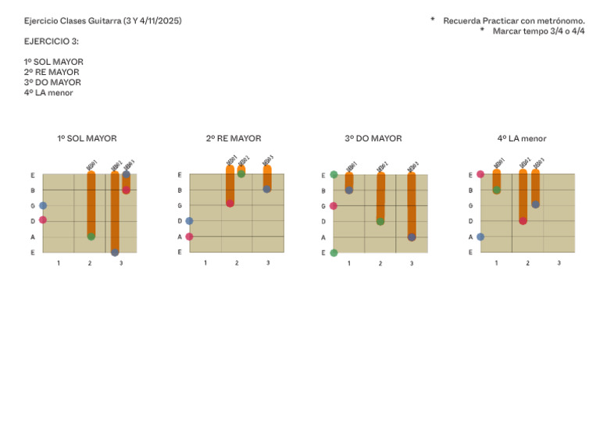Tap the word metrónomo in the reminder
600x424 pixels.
pyautogui.click(x=558, y=20)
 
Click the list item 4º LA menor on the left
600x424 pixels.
pyautogui.click(x=48, y=92)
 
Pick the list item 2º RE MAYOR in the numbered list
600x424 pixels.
pyautogui.click(x=52, y=72)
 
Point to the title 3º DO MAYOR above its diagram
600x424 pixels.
pyautogui.click(x=373, y=138)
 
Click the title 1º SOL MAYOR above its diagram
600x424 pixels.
pyautogui.click(x=87, y=138)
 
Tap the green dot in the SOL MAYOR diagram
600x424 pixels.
pyautogui.click(x=91, y=236)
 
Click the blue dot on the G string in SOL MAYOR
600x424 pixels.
pyautogui.click(x=43, y=205)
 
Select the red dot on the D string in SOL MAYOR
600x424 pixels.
pyautogui.click(x=43, y=220)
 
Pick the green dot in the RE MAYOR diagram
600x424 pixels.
pyautogui.click(x=241, y=174)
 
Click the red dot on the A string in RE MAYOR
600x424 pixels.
pyautogui.click(x=189, y=237)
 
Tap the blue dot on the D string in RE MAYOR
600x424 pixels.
pyautogui.click(x=189, y=221)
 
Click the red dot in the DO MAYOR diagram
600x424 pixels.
pyautogui.click(x=334, y=206)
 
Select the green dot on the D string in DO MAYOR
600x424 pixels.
pyautogui.click(x=380, y=221)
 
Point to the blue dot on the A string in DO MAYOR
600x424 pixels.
pyautogui.click(x=412, y=237)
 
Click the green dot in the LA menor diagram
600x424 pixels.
pyautogui.click(x=497, y=190)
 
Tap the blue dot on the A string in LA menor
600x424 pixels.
pyautogui.click(x=480, y=237)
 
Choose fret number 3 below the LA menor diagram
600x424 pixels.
pyautogui.click(x=559, y=263)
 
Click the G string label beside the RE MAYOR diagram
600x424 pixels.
pyautogui.click(x=180, y=205)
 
